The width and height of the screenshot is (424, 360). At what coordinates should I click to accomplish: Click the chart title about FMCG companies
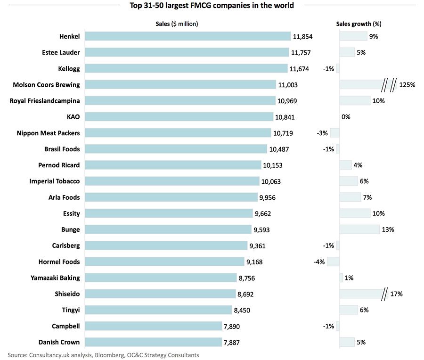(212, 6)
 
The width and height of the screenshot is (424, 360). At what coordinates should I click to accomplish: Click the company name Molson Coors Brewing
(46, 85)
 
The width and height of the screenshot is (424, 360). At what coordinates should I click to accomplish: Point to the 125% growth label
(407, 85)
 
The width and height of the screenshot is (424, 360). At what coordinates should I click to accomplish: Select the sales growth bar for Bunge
(359, 229)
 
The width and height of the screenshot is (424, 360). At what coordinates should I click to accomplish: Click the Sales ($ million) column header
(177, 24)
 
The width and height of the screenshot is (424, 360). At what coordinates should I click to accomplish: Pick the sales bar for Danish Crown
(153, 342)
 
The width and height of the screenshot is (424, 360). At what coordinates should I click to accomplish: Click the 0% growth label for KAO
(346, 117)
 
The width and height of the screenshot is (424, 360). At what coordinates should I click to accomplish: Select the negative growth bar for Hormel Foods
(334, 262)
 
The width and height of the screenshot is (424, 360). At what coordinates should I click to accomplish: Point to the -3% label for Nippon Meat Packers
(322, 133)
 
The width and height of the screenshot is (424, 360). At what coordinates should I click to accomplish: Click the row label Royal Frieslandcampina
(45, 101)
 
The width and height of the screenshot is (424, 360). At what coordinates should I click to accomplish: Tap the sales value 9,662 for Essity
(263, 213)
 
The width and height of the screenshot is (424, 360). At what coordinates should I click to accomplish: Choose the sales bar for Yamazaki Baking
(161, 278)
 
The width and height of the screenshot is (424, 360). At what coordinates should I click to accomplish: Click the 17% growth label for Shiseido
(396, 294)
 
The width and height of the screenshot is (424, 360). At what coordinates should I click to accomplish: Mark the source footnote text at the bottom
(103, 355)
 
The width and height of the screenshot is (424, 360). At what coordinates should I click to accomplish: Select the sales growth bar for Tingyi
(349, 310)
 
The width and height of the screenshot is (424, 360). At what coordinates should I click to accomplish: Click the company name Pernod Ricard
(59, 165)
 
